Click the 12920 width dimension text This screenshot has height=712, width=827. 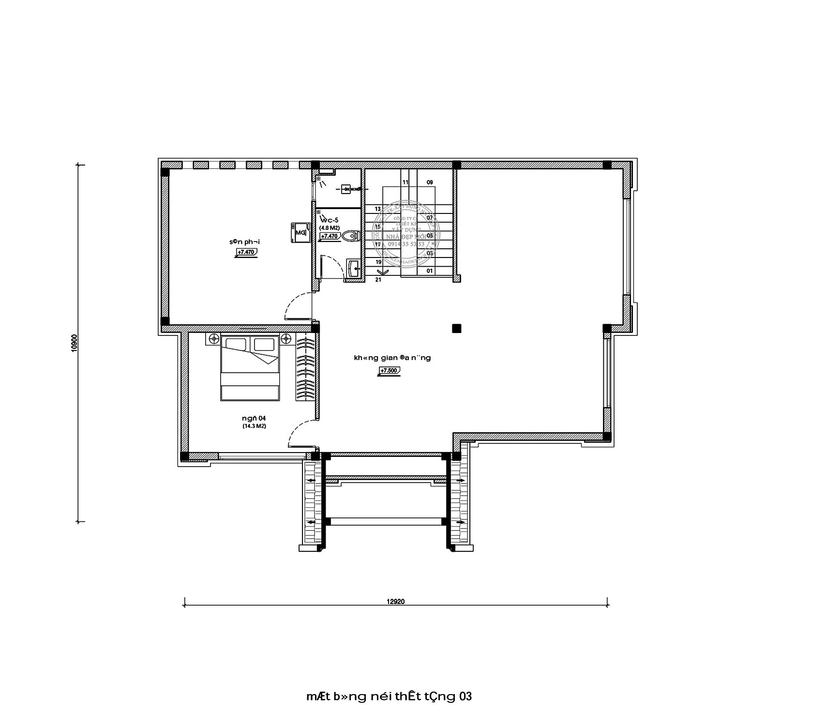tap(395, 602)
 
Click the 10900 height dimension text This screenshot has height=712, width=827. tap(74, 343)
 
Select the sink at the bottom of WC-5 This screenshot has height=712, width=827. tap(353, 268)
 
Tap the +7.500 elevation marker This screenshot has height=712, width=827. tap(390, 371)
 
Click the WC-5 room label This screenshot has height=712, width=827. tap(329, 220)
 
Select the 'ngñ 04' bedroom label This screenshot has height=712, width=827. tap(254, 418)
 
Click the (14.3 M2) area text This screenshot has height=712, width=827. tap(255, 426)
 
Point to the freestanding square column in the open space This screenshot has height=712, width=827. tap(456, 329)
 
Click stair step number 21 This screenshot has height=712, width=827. tap(378, 280)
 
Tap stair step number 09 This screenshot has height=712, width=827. tap(430, 182)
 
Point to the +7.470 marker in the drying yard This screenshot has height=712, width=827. tap(247, 252)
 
